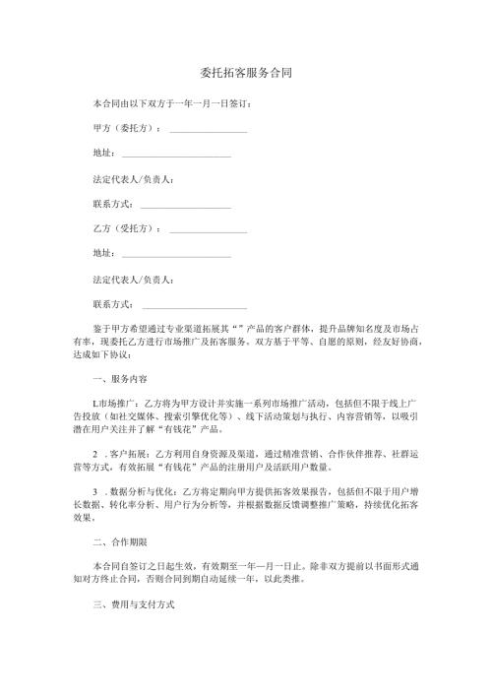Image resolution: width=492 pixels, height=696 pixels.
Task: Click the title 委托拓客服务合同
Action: [244, 73]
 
